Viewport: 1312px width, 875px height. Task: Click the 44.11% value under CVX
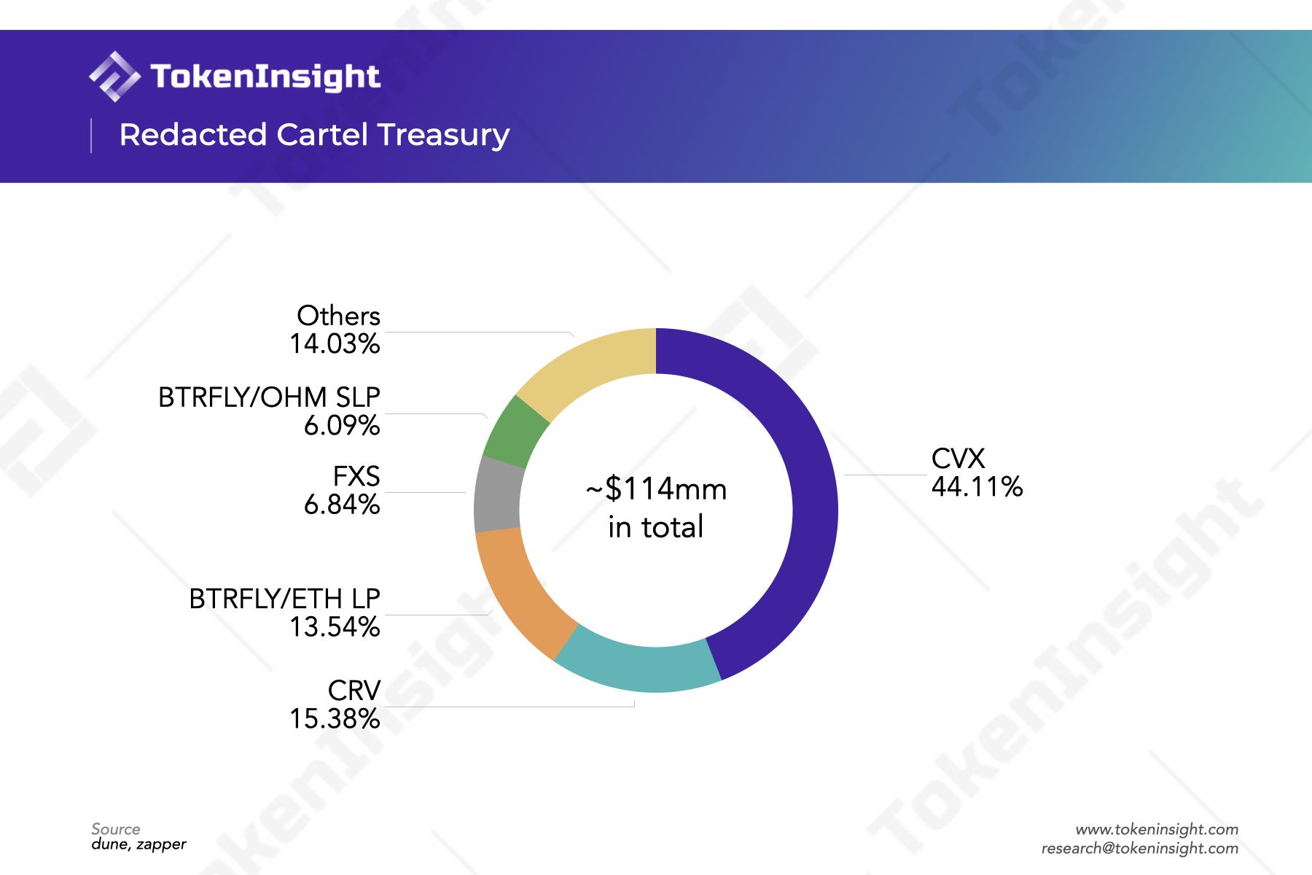click(977, 487)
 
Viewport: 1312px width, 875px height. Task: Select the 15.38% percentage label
click(335, 719)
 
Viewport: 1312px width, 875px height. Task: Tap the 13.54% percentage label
click(335, 627)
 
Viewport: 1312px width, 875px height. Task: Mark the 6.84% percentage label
click(342, 505)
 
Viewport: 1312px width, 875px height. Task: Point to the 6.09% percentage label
click(342, 426)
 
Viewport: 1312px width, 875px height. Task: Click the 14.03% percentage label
click(335, 344)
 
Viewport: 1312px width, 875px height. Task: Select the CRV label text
click(354, 691)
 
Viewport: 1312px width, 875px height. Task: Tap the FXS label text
click(356, 476)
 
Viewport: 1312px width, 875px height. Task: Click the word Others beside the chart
click(338, 316)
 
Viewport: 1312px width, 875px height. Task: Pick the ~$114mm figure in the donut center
click(656, 489)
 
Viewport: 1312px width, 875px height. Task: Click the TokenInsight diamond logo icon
click(114, 77)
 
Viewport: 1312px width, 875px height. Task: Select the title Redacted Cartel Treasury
click(314, 135)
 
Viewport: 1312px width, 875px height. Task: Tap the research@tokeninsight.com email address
click(1139, 848)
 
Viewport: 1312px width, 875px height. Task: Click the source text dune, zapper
click(138, 844)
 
